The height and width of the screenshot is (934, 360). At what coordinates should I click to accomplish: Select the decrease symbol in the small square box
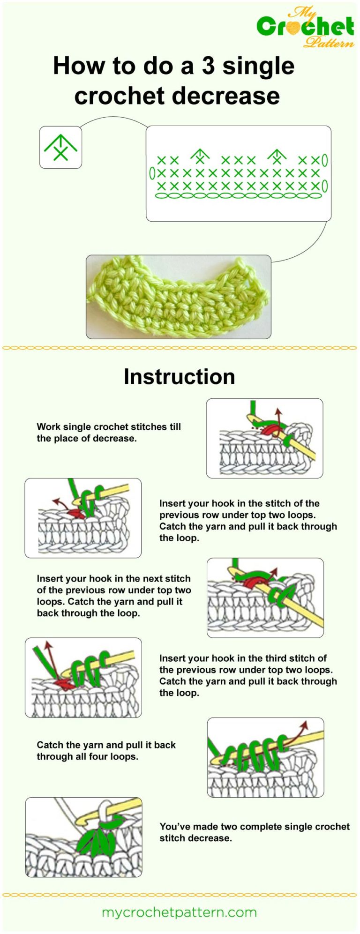(60, 147)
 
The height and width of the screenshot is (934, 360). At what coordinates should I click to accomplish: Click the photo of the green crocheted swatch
(178, 297)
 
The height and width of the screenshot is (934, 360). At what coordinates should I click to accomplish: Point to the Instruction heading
(179, 377)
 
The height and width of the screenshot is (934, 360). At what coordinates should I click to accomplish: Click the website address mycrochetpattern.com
(179, 912)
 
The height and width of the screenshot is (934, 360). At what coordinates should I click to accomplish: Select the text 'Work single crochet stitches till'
(109, 426)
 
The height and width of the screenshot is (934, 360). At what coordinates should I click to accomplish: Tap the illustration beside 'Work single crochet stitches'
(264, 438)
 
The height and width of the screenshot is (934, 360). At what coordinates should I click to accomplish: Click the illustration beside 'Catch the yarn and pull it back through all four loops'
(265, 757)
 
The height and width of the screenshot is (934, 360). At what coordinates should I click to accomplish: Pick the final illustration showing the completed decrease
(83, 837)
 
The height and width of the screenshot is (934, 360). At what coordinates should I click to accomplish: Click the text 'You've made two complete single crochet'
(255, 826)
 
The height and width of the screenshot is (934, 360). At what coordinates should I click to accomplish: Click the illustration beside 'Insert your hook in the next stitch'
(265, 598)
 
